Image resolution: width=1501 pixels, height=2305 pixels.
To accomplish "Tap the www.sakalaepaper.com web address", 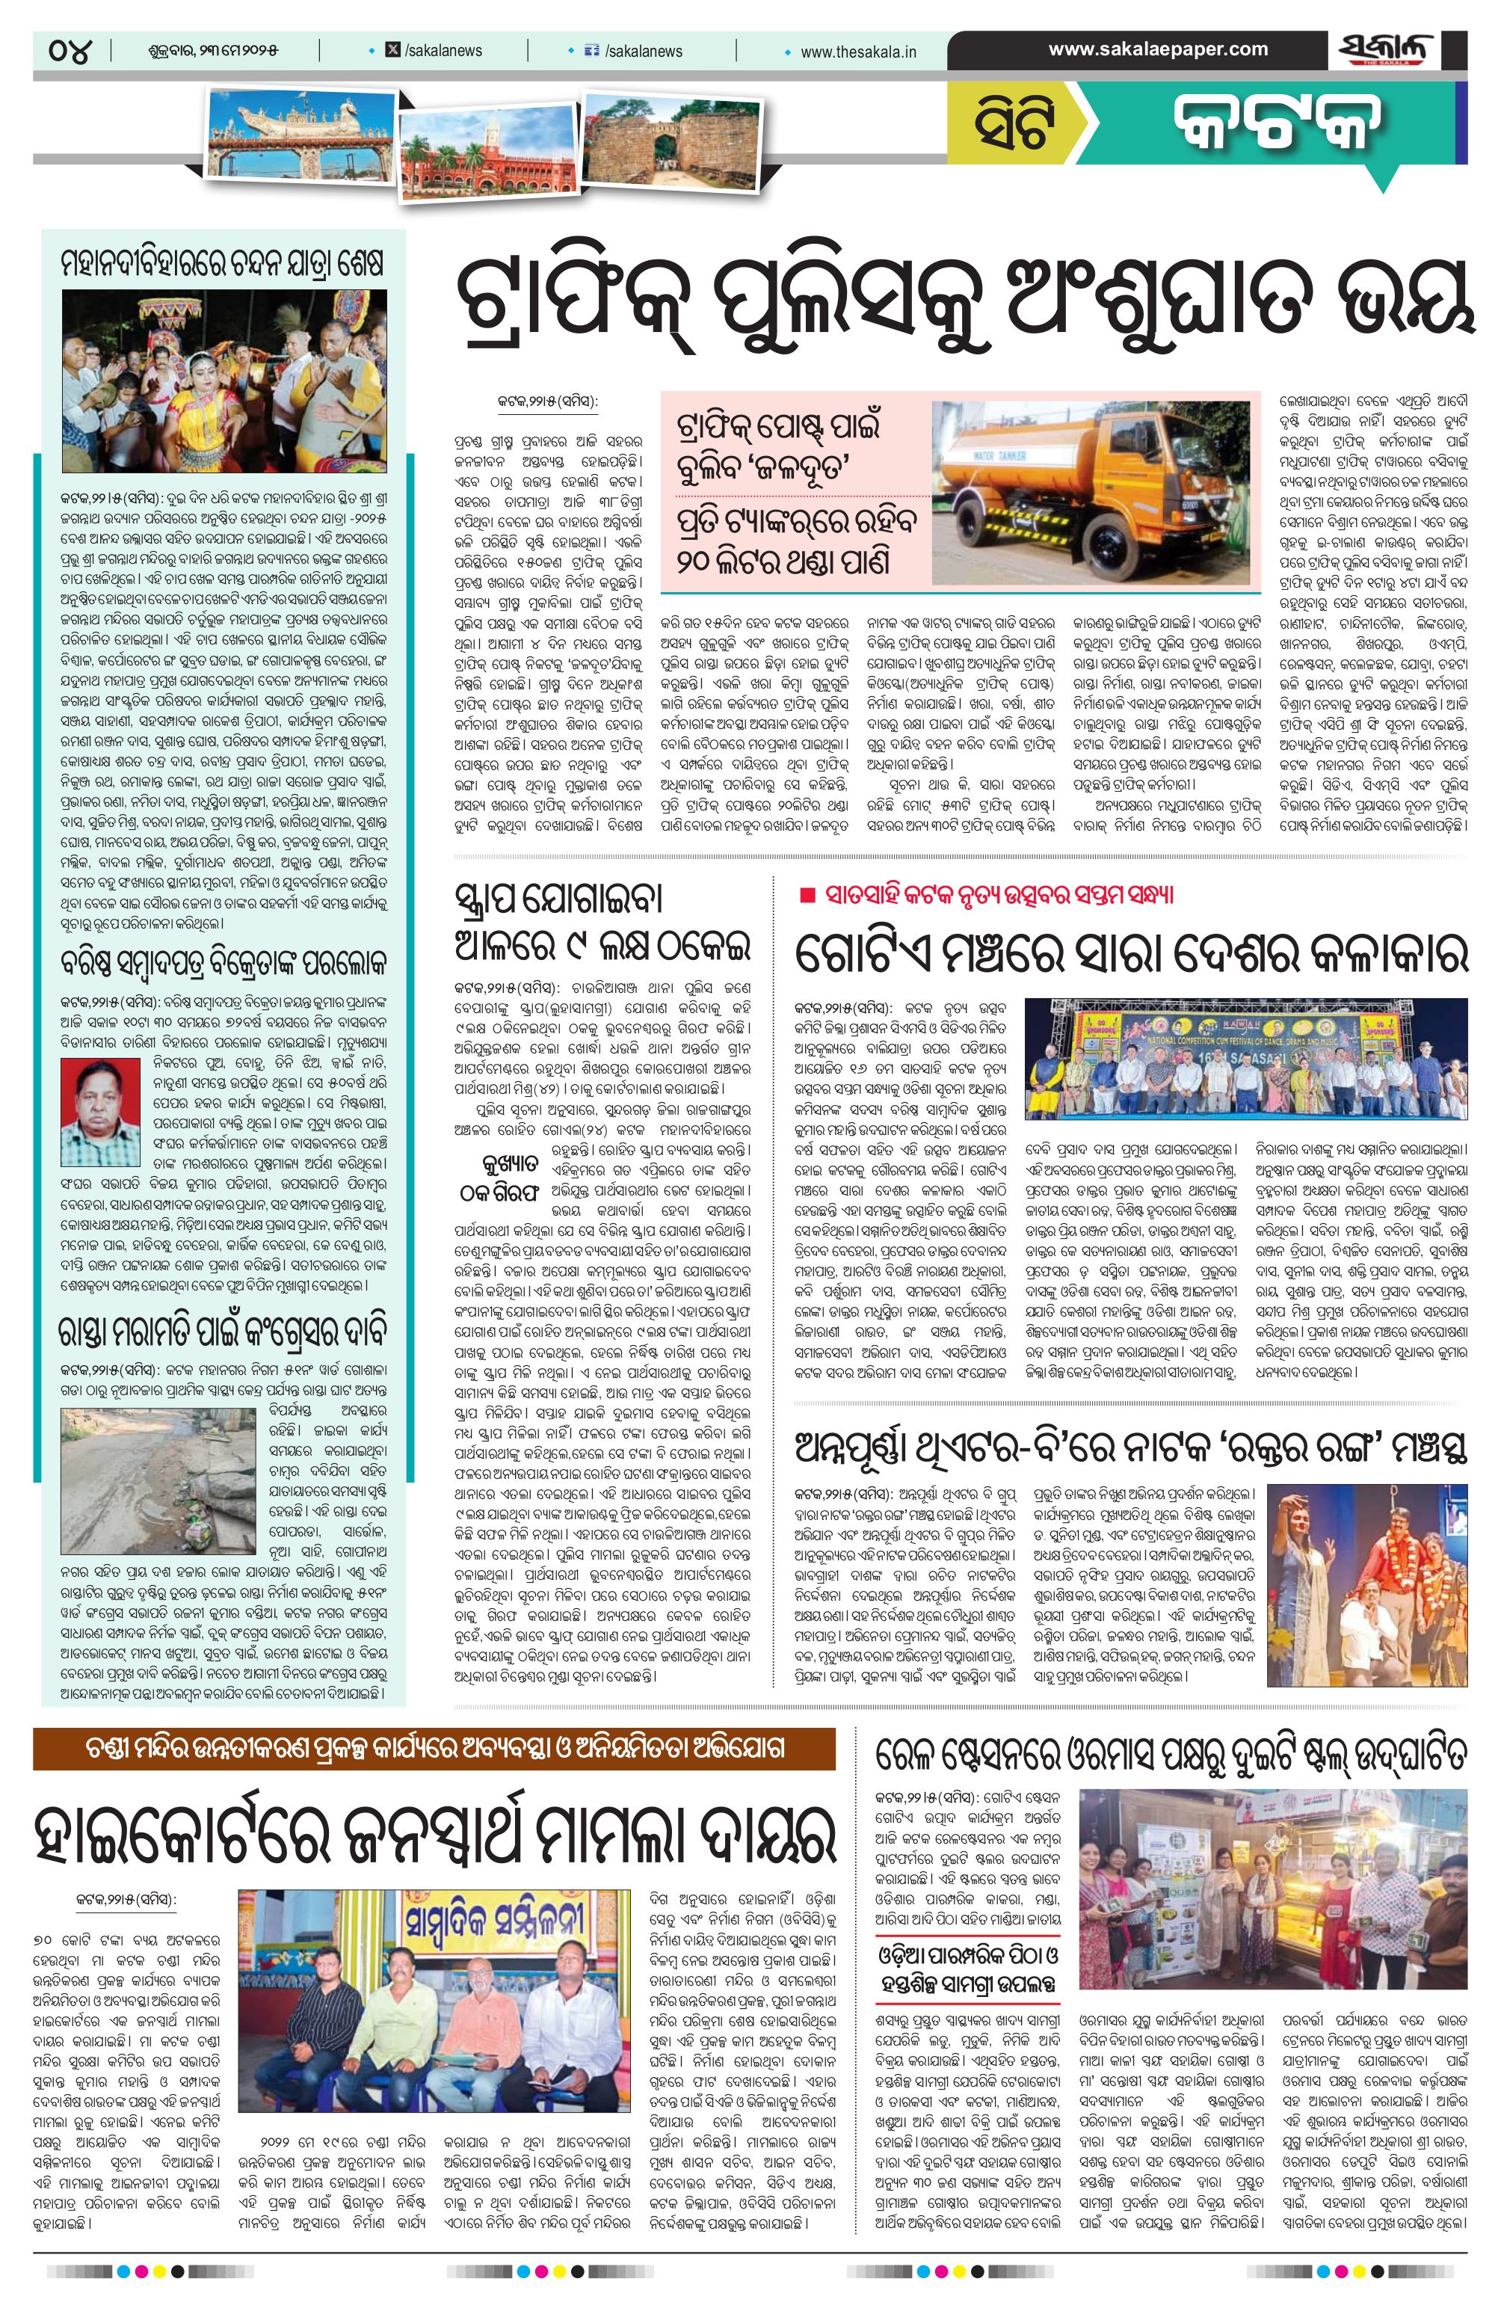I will click(1158, 49).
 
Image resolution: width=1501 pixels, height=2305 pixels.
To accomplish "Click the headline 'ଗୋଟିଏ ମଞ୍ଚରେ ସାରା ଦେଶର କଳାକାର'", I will click(1130, 951).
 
